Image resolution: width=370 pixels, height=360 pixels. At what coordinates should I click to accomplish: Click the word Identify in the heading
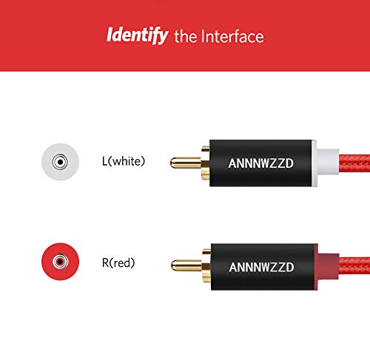pyautogui.click(x=137, y=35)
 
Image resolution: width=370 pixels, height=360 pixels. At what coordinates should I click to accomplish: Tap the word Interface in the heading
pyautogui.click(x=232, y=36)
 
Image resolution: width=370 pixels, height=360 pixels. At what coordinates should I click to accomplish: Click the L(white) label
pyautogui.click(x=124, y=161)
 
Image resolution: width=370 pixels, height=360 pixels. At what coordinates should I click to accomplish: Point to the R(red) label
pyautogui.click(x=118, y=262)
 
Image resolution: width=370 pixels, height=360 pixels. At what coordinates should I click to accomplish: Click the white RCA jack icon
pyautogui.click(x=60, y=162)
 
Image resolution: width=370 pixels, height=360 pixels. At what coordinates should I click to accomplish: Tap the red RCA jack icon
pyautogui.click(x=60, y=262)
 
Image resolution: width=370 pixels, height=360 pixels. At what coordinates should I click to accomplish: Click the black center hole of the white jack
pyautogui.click(x=60, y=162)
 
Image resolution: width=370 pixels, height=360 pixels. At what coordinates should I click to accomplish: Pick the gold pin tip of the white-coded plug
pyautogui.click(x=172, y=163)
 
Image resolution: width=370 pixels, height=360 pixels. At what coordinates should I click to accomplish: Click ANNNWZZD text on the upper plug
pyautogui.click(x=260, y=163)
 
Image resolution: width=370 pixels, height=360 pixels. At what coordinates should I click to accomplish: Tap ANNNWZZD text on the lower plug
pyautogui.click(x=261, y=267)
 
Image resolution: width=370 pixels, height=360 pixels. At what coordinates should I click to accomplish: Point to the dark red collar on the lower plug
pyautogui.click(x=328, y=267)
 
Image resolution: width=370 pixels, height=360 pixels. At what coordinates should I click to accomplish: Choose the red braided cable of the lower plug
pyautogui.click(x=354, y=267)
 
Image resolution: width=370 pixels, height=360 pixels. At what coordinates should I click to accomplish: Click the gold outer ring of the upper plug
pyautogui.click(x=206, y=163)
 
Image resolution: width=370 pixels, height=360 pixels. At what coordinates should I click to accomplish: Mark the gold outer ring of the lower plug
pyautogui.click(x=206, y=266)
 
